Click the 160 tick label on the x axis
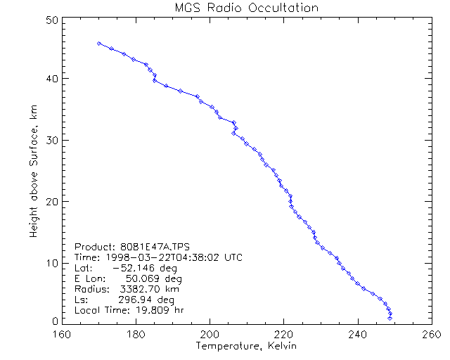coord(63,335)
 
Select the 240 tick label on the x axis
coord(358,335)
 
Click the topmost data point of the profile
coord(99,44)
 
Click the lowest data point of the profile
coord(390,319)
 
